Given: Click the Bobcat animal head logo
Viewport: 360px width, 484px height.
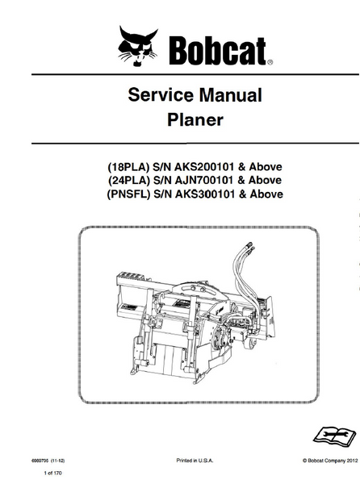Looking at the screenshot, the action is [x=138, y=46].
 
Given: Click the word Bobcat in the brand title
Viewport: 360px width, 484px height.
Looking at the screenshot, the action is [x=217, y=51].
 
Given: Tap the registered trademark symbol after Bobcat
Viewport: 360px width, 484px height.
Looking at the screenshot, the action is [x=270, y=62].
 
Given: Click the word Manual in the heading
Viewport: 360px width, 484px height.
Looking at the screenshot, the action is [x=230, y=94].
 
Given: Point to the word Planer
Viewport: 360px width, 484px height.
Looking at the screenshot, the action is [x=195, y=119].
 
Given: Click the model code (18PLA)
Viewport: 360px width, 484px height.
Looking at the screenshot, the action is [x=128, y=167].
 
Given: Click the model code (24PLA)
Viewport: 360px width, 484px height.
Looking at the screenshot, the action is [x=128, y=180].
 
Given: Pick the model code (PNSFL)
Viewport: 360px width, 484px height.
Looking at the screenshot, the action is [x=128, y=194].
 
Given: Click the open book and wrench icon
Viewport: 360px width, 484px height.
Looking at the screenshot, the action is [x=335, y=436].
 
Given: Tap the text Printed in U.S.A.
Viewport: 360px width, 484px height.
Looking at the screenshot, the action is [x=195, y=461].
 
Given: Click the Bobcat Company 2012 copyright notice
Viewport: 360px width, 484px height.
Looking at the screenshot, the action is [x=330, y=461].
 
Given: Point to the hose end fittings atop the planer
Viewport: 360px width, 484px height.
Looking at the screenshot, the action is [x=250, y=247].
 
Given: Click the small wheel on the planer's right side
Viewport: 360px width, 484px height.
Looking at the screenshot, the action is [x=250, y=344].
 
